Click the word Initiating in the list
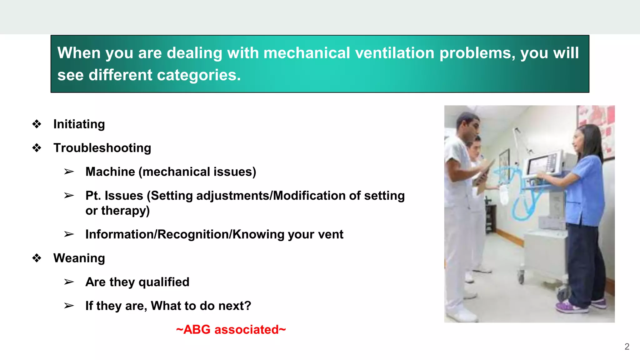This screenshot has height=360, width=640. pyautogui.click(x=79, y=124)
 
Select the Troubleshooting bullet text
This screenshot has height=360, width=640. pyautogui.click(x=102, y=148)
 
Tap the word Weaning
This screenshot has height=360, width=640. pyautogui.click(x=79, y=258)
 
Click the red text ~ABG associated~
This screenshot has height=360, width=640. pyautogui.click(x=231, y=330)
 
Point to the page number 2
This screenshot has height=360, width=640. pyautogui.click(x=627, y=347)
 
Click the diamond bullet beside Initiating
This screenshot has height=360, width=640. pyautogui.click(x=37, y=124)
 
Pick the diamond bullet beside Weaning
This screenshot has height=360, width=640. pyautogui.click(x=37, y=258)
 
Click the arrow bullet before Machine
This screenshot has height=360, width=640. pyautogui.click(x=69, y=172)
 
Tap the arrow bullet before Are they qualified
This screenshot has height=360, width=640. pyautogui.click(x=69, y=282)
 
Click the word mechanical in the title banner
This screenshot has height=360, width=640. pyautogui.click(x=307, y=53)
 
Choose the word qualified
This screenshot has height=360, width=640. pyautogui.click(x=164, y=282)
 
